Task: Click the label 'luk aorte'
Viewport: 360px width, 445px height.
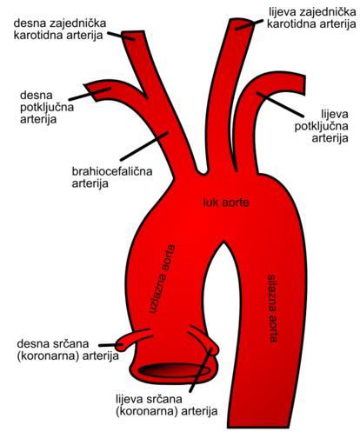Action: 226,203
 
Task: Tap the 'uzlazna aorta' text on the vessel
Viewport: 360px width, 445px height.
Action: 163,280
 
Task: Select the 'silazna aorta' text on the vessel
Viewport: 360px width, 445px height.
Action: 272,308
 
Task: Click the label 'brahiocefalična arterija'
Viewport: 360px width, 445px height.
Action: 112,177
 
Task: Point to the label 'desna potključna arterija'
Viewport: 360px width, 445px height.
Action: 47,107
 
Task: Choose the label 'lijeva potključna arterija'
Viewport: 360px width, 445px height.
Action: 322,126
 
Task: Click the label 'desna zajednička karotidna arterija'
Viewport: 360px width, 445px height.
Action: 60,29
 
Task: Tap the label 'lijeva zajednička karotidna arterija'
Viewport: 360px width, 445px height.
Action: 311,17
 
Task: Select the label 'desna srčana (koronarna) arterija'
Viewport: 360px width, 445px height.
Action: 68,349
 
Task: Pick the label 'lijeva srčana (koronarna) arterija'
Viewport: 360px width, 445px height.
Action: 166,405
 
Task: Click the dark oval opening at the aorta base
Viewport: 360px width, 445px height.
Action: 175,370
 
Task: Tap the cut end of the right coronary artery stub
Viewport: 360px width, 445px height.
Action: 120,345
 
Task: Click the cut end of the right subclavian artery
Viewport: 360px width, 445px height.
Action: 90,92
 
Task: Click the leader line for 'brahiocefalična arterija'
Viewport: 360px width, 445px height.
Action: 144,147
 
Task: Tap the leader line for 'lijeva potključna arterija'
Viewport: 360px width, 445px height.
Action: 280,104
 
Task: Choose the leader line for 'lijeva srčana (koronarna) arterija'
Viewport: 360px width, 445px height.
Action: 201,370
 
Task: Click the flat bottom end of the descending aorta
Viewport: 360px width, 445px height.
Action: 258,427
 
